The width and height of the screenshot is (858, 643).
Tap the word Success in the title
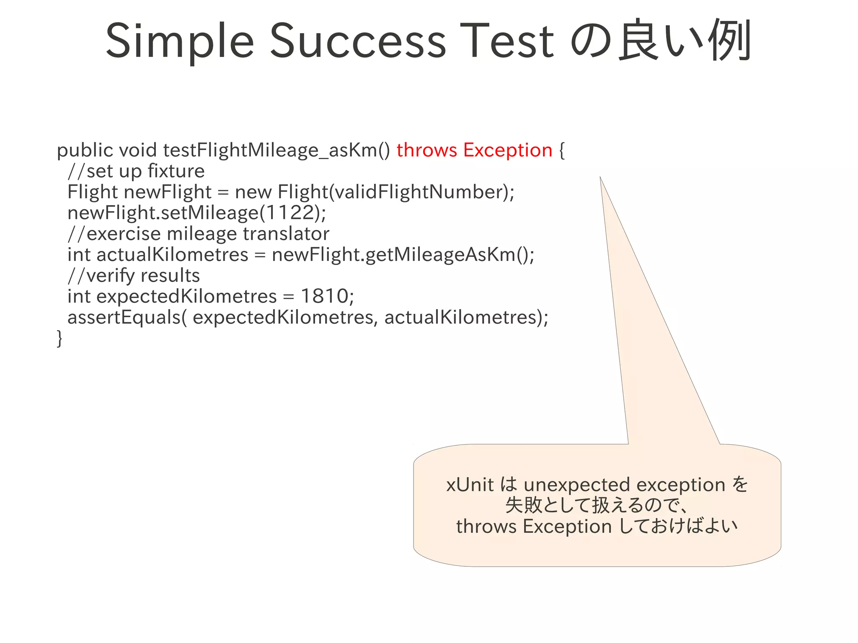(358, 41)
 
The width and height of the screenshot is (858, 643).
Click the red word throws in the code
(426, 150)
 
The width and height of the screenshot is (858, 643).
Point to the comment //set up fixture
(136, 171)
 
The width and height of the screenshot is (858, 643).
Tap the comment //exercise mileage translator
(199, 234)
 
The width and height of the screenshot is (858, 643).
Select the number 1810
(325, 296)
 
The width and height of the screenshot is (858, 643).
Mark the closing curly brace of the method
(59, 338)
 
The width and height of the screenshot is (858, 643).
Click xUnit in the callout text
(470, 485)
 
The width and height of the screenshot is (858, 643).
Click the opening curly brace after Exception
(562, 150)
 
